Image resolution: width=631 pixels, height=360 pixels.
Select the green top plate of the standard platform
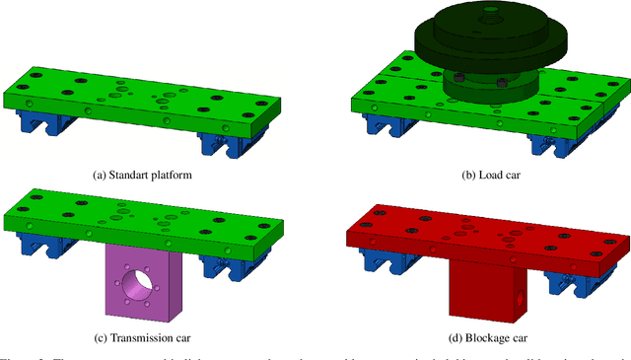(x=148, y=99)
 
